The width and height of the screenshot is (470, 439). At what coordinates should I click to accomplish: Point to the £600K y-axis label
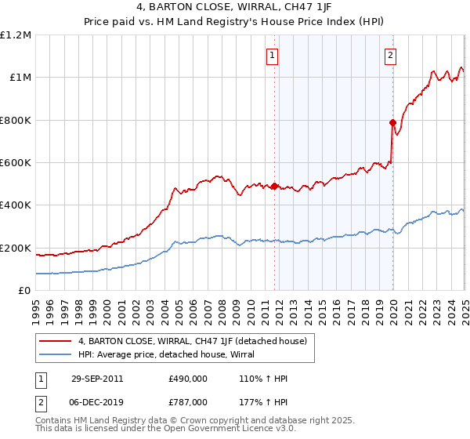pyautogui.click(x=16, y=163)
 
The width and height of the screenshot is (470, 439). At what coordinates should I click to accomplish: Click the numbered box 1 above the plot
pyautogui.click(x=272, y=55)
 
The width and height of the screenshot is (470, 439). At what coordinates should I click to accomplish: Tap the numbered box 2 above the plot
pyautogui.click(x=390, y=55)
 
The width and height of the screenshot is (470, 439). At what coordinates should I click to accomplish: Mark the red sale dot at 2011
pyautogui.click(x=275, y=186)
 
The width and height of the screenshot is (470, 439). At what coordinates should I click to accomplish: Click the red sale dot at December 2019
pyautogui.click(x=392, y=122)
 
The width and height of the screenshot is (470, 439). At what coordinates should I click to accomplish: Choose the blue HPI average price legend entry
pyautogui.click(x=172, y=354)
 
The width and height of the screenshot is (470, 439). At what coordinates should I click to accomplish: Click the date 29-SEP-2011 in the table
pyautogui.click(x=96, y=379)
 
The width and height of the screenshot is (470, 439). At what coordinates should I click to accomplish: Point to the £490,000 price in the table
pyautogui.click(x=186, y=379)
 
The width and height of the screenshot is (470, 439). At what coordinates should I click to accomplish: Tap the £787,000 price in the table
pyautogui.click(x=186, y=401)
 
